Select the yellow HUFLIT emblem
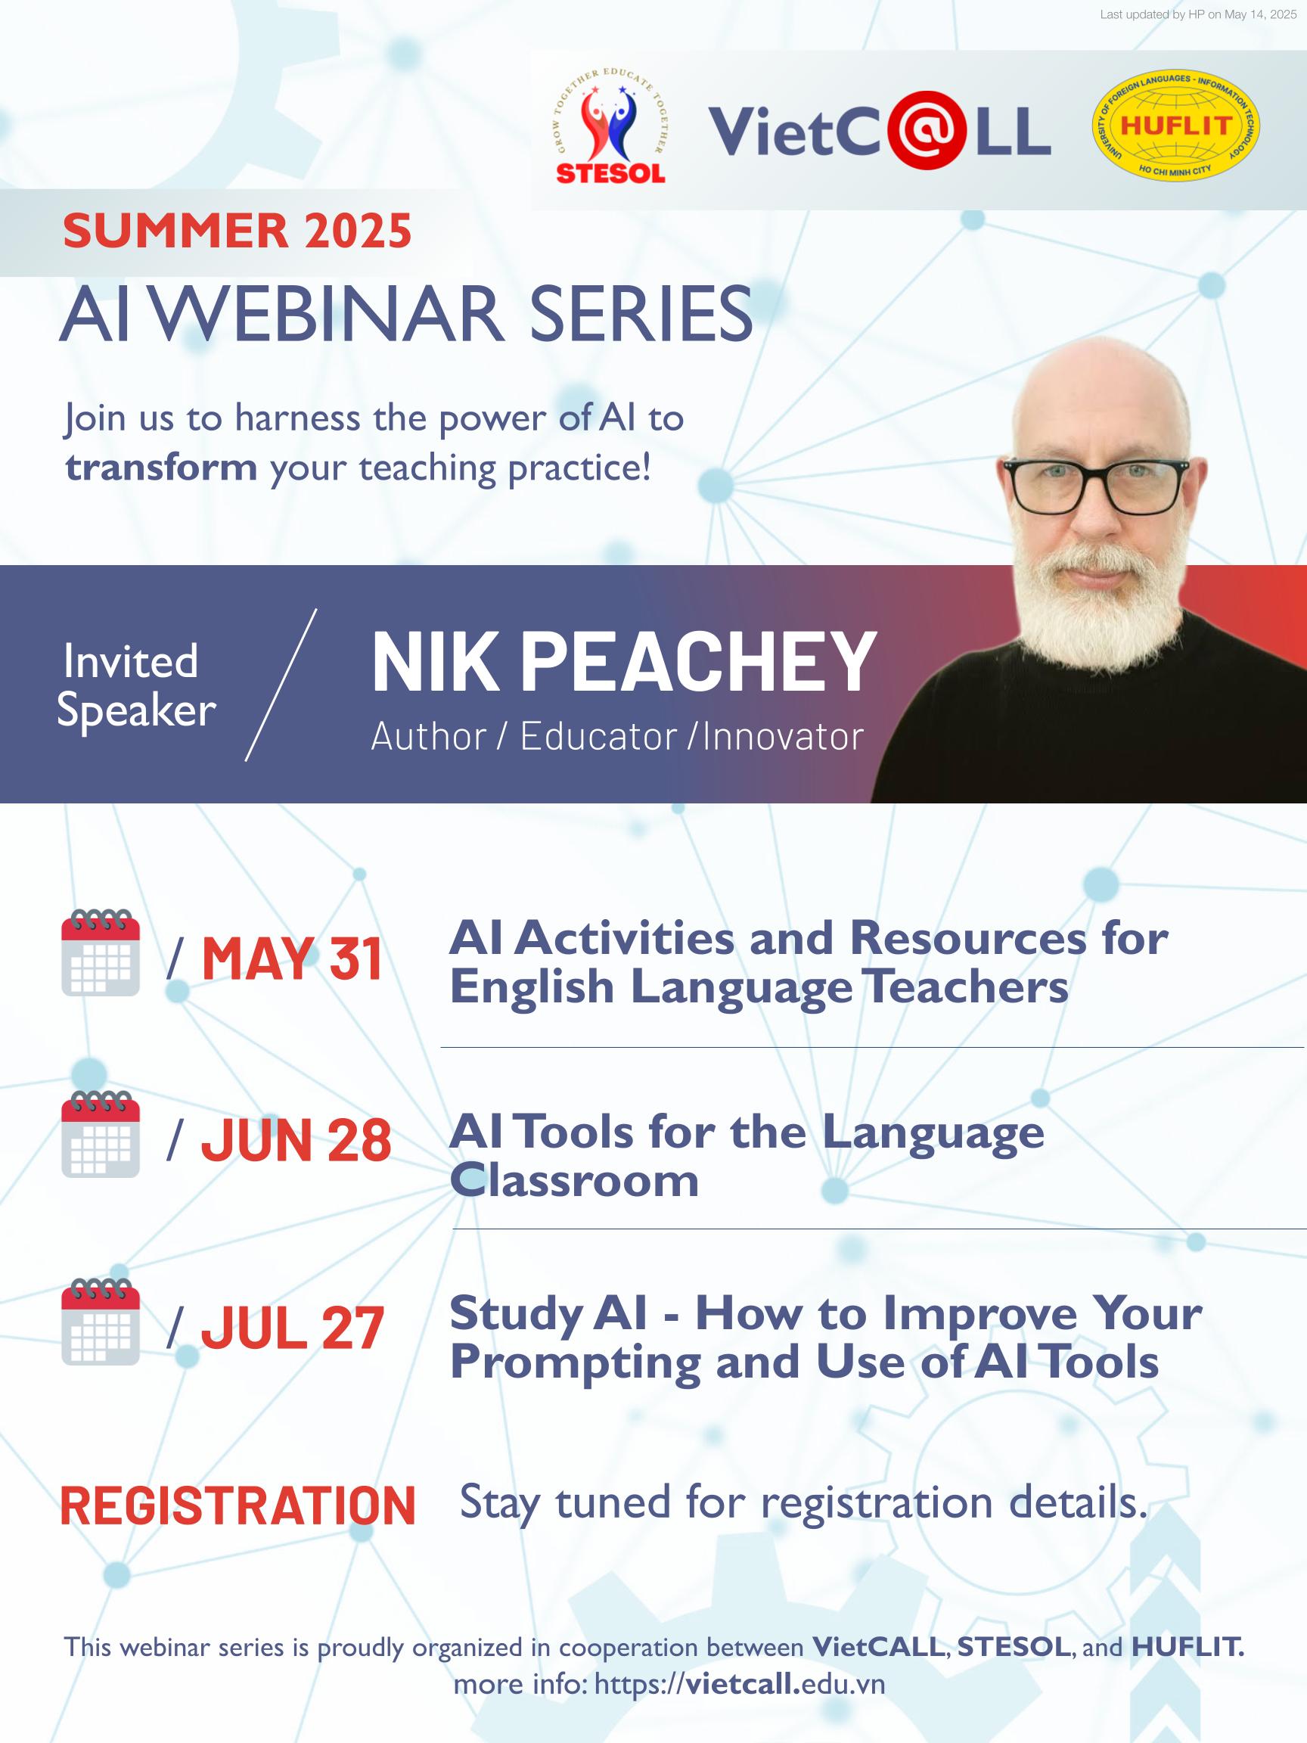click(x=1175, y=126)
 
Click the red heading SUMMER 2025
click(x=237, y=231)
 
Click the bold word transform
click(x=162, y=468)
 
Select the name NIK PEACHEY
click(x=623, y=663)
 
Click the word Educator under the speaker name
click(x=598, y=737)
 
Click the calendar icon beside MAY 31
click(x=101, y=952)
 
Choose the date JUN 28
click(x=296, y=1140)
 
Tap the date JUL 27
click(x=292, y=1328)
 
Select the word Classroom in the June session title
click(x=573, y=1181)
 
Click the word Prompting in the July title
click(x=575, y=1363)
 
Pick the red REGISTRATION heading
click(x=237, y=1505)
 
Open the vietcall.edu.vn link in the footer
click(x=739, y=1684)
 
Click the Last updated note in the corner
click(x=1197, y=14)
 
